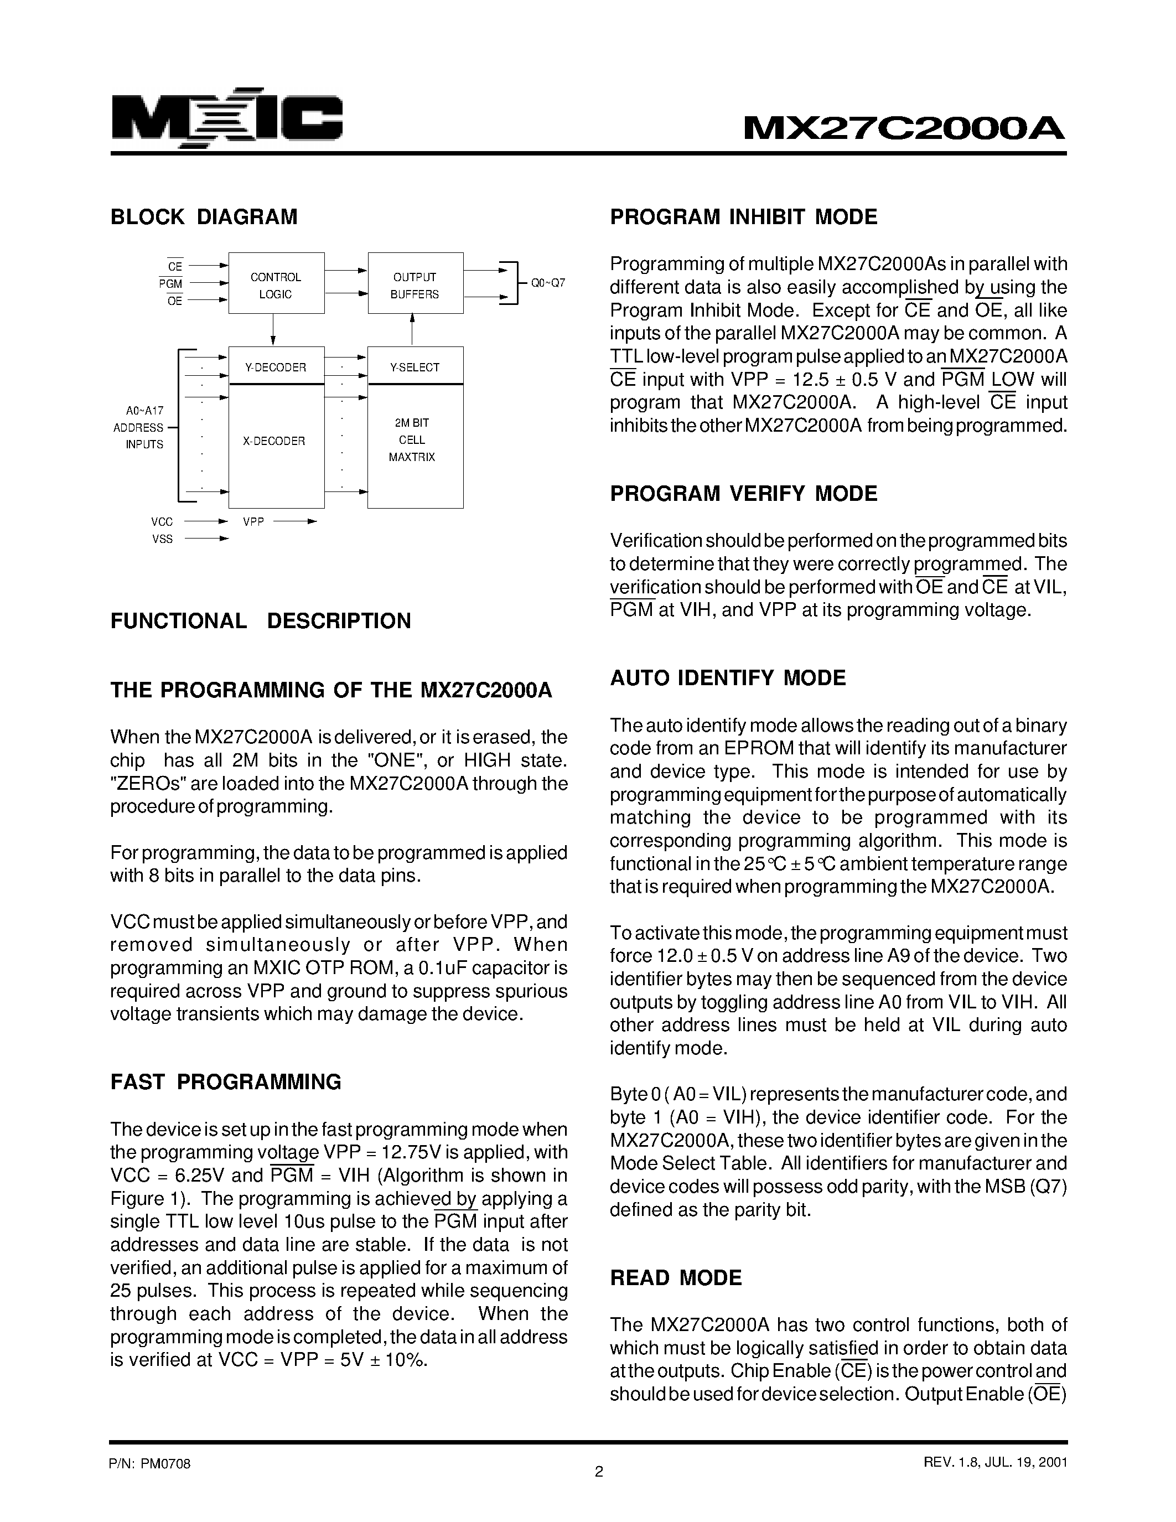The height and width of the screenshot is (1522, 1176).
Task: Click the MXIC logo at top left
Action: click(x=227, y=120)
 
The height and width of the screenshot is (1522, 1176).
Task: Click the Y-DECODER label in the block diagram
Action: click(x=276, y=367)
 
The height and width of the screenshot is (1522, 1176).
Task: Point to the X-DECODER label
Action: click(x=274, y=441)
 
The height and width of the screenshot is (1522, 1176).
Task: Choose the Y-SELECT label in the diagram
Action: click(x=415, y=367)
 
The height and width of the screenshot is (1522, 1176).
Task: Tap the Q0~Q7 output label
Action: click(x=547, y=283)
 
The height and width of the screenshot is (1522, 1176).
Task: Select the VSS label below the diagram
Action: click(x=162, y=539)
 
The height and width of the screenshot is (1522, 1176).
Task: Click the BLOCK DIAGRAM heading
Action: click(x=204, y=217)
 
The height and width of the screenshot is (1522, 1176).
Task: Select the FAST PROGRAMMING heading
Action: click(x=226, y=1082)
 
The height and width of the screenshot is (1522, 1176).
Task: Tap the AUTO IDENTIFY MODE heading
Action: click(x=727, y=678)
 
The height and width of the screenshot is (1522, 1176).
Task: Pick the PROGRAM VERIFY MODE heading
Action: click(x=743, y=493)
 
